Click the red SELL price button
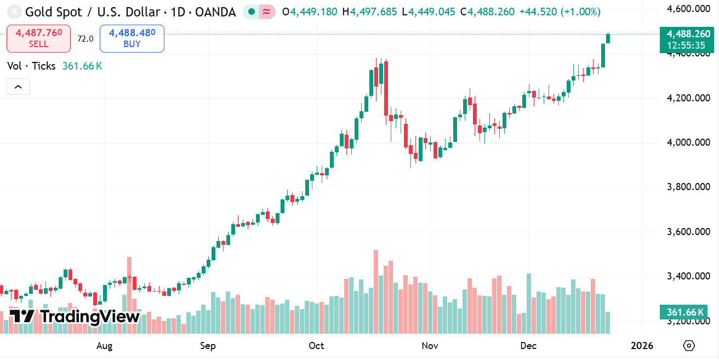[38, 38]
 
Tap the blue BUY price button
[132, 38]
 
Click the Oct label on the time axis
[316, 346]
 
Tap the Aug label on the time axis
[104, 346]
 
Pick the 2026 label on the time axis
[642, 346]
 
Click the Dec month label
[528, 346]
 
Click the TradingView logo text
[90, 316]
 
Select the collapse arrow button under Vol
[18, 87]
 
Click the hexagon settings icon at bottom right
[689, 346]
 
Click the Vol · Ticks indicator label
[31, 66]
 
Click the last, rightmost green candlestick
[608, 38]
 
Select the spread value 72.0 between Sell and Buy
[85, 39]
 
